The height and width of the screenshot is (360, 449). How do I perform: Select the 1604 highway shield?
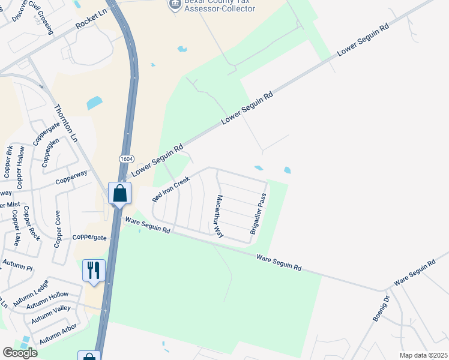click(x=126, y=158)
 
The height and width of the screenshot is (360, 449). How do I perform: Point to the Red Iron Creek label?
click(x=171, y=189)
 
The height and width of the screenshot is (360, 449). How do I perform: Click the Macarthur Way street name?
click(x=220, y=216)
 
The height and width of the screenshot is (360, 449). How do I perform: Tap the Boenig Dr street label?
click(x=381, y=308)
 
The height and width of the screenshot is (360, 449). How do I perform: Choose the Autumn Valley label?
click(x=50, y=314)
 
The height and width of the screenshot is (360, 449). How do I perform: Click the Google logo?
click(x=20, y=353)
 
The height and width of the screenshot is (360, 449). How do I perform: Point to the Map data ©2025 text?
click(x=423, y=355)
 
